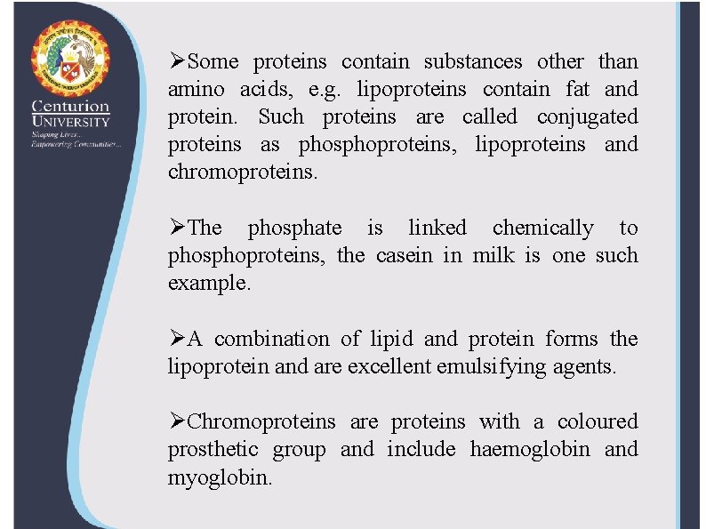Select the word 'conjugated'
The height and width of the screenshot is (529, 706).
[595, 117]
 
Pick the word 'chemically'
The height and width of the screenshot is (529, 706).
[542, 228]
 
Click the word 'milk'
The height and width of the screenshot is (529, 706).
[493, 256]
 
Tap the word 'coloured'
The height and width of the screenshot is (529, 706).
[598, 421]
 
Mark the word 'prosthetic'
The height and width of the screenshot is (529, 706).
[213, 450]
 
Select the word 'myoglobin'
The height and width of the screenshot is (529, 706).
[219, 477]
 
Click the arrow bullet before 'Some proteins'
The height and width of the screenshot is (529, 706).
[177, 62]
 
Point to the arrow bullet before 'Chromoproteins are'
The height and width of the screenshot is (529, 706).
[177, 421]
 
